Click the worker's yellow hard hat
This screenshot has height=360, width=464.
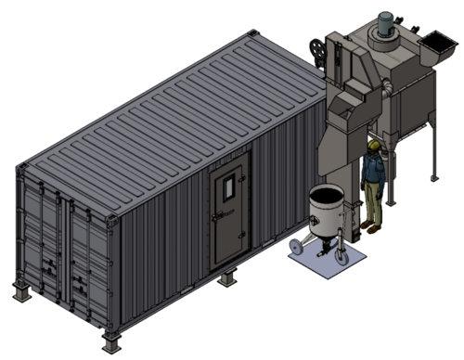374,145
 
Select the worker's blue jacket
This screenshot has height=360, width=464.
373,173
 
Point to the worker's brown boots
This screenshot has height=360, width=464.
370,225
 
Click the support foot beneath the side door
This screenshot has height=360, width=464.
227,277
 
